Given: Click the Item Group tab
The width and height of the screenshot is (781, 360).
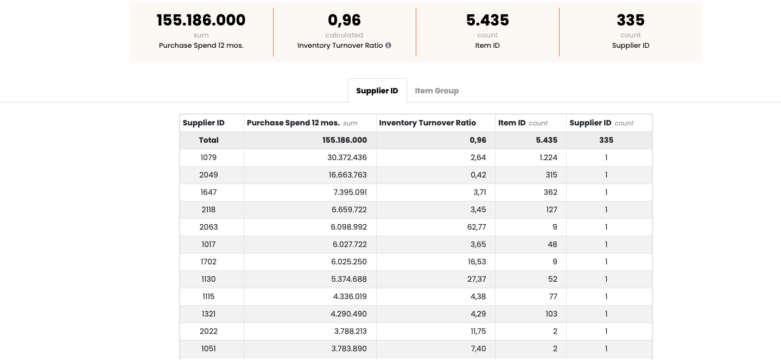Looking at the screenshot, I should click(436, 91).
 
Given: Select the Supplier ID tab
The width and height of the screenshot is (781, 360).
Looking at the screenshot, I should click(377, 91).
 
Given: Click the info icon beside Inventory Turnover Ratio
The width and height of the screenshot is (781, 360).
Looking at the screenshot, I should click(388, 46).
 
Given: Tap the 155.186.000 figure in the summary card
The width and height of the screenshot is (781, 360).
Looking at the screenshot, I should click(201, 20).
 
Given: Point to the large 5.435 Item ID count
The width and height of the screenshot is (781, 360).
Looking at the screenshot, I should click(487, 20).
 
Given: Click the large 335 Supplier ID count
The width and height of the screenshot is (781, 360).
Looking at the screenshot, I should click(630, 20).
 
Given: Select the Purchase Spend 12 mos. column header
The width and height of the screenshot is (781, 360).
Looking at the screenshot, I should click(293, 123).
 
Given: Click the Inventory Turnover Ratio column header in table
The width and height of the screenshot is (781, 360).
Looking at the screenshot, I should click(427, 123).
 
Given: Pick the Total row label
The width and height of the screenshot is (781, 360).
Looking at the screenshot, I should click(208, 140).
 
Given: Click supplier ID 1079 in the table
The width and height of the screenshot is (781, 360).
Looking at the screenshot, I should click(208, 157).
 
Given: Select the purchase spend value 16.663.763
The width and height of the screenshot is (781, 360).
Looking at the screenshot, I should click(344, 175).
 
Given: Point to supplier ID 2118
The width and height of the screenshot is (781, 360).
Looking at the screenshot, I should click(208, 210).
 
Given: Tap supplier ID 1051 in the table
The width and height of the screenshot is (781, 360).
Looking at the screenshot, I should click(208, 349).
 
